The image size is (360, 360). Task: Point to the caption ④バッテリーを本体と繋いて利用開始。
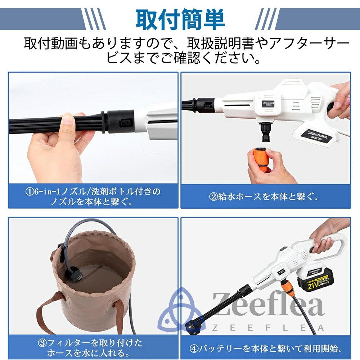pos(266,348)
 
